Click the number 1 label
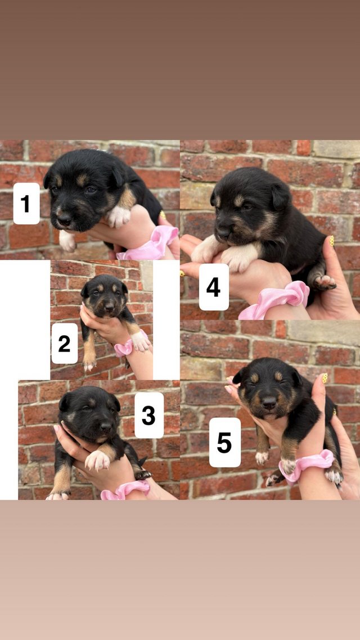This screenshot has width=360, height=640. pos(26,203)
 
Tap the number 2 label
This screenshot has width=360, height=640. pos(65,343)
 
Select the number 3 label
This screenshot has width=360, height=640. pos(149,415)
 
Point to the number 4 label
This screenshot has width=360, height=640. pos(214,287)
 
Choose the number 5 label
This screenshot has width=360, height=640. pos(225,442)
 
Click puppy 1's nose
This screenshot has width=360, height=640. pos(64,221)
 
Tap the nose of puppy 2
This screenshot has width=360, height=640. pos(109,306)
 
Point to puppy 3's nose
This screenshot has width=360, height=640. pos(106,427)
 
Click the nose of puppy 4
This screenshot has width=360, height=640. pos(223,232)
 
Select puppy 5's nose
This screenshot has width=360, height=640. pos(269,403)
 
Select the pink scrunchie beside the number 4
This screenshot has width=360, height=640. pos(274,300)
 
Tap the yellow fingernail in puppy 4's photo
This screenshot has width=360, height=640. pos(332,241)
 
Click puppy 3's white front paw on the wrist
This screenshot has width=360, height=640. pos(98,460)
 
